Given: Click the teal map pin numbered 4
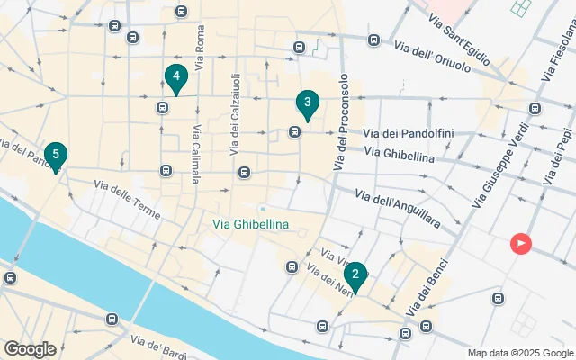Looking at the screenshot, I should [175, 78].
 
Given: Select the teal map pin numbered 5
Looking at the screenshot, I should [56, 156].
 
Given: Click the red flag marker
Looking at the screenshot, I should [520, 243].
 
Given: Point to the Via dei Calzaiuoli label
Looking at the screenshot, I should [235, 104].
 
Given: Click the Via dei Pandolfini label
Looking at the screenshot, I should [408, 134].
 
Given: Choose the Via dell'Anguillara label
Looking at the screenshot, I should [397, 204].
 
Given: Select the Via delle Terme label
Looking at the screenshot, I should [127, 200].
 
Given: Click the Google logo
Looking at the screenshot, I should [30, 349].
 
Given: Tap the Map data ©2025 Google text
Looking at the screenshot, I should [519, 353].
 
